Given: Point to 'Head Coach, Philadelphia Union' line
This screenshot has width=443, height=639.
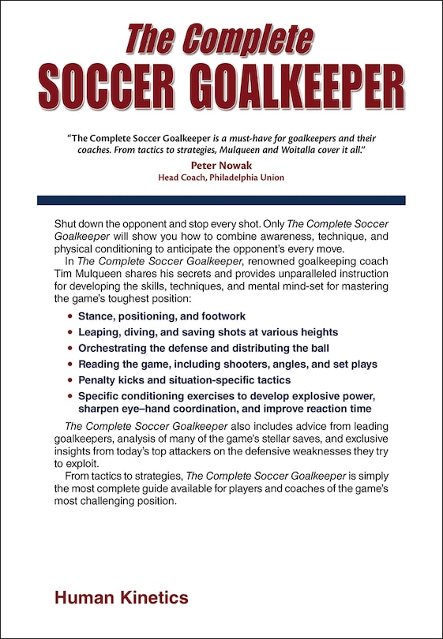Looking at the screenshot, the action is coord(221,177).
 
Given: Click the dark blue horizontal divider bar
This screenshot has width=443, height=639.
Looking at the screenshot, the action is coord(221,200).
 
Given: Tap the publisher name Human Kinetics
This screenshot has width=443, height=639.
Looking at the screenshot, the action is coord(122,598).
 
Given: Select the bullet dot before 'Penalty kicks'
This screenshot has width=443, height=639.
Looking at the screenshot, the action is coord(69,380).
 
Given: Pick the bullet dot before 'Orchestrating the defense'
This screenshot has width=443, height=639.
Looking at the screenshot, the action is coord(69,349).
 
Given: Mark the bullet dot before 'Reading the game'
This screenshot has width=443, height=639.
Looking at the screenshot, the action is coord(69,364).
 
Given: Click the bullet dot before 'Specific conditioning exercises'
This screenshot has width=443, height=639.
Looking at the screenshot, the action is coord(69,396).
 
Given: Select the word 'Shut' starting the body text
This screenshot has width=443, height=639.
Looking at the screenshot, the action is coord(66,224).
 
